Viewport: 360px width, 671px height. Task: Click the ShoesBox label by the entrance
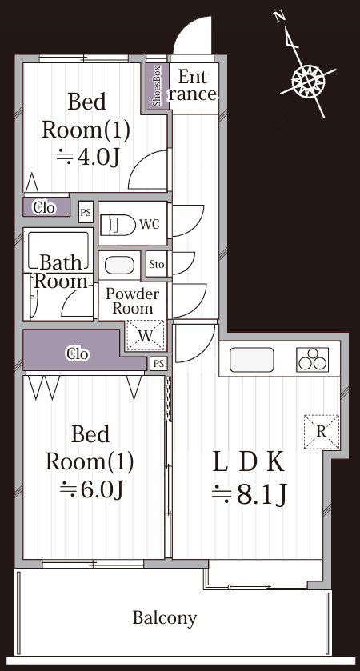[157, 86]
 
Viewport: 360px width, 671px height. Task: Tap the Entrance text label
[193, 86]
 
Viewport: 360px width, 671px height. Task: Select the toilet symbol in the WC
[118, 224]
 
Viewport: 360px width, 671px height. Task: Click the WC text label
[149, 224]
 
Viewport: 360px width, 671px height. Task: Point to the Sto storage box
[156, 264]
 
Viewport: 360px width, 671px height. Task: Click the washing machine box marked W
[146, 336]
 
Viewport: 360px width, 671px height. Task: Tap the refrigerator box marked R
[321, 432]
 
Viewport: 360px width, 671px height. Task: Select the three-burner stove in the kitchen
[314, 359]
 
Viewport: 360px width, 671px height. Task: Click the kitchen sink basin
[252, 359]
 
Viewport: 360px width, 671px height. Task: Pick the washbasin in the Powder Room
[119, 266]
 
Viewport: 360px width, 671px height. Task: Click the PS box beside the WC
[86, 212]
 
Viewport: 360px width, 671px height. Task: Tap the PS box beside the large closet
[158, 364]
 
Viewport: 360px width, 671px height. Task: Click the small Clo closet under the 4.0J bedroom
[46, 208]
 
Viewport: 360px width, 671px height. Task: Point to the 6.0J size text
[91, 489]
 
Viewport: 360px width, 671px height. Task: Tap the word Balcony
[165, 618]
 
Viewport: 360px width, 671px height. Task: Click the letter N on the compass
[280, 17]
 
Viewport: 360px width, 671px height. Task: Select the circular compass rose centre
[308, 81]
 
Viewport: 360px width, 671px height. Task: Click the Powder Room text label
[132, 301]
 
